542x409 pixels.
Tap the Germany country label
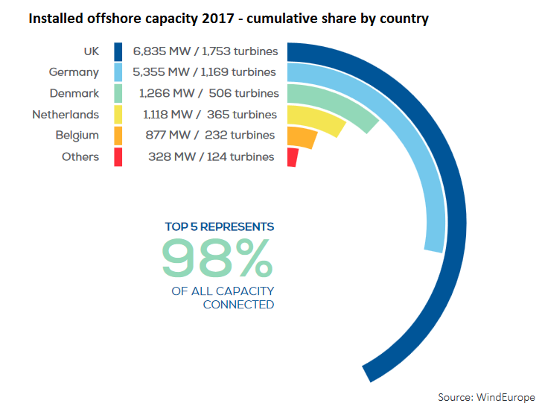tap(74, 72)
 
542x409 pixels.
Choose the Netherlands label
tap(66, 115)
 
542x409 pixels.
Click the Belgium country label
tap(77, 136)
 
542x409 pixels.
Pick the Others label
tap(80, 157)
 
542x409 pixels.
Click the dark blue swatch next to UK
tap(118, 51)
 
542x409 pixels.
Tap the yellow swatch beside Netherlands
tap(118, 115)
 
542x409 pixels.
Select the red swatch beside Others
tap(118, 157)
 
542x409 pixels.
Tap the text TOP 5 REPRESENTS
tap(219, 226)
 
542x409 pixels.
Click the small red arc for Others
tap(292, 157)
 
